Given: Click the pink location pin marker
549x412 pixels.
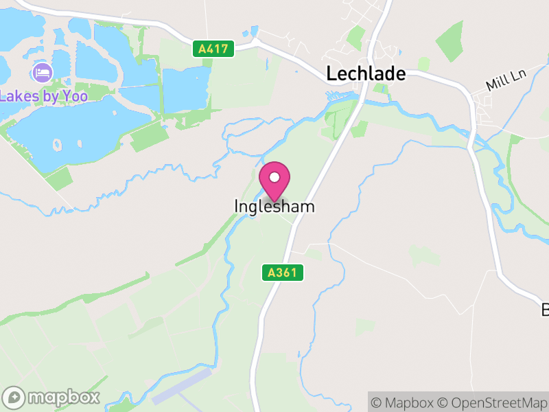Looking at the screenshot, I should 274,181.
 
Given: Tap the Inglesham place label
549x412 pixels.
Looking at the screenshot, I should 274,206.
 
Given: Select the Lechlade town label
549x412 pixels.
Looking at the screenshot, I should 366,73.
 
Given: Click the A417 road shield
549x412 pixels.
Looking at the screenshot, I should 213,49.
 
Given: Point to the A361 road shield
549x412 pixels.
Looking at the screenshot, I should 282,273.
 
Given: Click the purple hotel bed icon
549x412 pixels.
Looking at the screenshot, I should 42,72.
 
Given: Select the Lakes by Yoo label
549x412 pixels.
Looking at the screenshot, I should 44,96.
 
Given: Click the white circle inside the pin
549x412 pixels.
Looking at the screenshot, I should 274,177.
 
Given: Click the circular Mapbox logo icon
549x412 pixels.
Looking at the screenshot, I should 14,397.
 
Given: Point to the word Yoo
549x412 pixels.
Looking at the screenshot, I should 75,96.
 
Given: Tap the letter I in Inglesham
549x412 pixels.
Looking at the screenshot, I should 237,206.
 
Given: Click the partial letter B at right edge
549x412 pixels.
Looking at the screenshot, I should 545,310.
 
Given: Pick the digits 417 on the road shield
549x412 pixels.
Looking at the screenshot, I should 218,49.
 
